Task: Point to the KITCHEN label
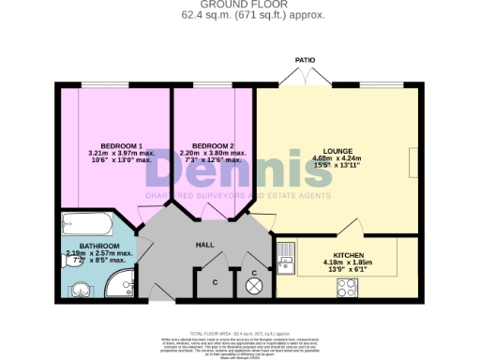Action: pyautogui.click(x=335, y=254)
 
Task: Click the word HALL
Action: pyautogui.click(x=205, y=245)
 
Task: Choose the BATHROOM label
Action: pyautogui.click(x=99, y=246)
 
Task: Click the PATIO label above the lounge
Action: pyautogui.click(x=305, y=59)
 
